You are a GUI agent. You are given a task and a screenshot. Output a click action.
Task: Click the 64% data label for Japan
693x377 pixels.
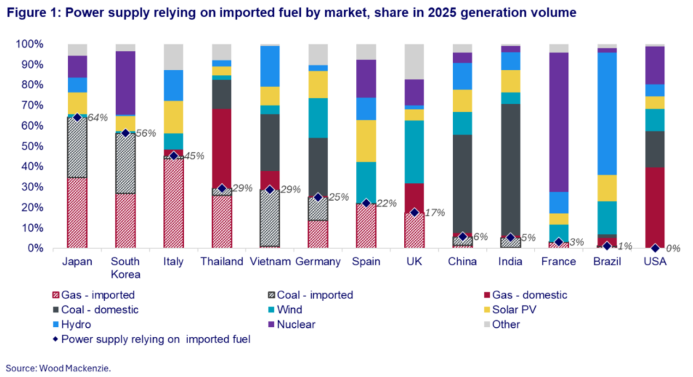(x=98, y=118)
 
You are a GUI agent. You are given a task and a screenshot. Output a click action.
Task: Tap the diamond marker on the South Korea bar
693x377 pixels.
(x=125, y=133)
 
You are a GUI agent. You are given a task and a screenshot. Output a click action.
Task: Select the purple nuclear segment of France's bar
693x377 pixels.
(x=559, y=122)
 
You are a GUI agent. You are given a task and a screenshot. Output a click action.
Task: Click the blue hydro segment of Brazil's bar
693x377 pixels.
(x=607, y=113)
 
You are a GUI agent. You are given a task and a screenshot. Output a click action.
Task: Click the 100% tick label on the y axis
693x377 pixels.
(x=30, y=44)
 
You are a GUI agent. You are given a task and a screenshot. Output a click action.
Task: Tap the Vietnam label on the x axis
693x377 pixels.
(x=270, y=262)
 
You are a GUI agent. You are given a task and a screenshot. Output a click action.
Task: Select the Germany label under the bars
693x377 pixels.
(x=318, y=262)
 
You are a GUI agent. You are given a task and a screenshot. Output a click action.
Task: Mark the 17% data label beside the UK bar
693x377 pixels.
(x=435, y=213)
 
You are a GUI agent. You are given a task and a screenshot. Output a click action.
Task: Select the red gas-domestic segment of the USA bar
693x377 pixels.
(x=655, y=208)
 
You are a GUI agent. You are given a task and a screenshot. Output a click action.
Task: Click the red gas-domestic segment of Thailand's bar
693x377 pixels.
(x=222, y=148)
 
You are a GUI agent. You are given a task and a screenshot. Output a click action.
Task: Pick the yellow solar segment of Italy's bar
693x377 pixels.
(x=173, y=117)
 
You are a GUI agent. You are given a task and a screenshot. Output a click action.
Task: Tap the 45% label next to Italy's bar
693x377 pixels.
(x=194, y=156)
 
